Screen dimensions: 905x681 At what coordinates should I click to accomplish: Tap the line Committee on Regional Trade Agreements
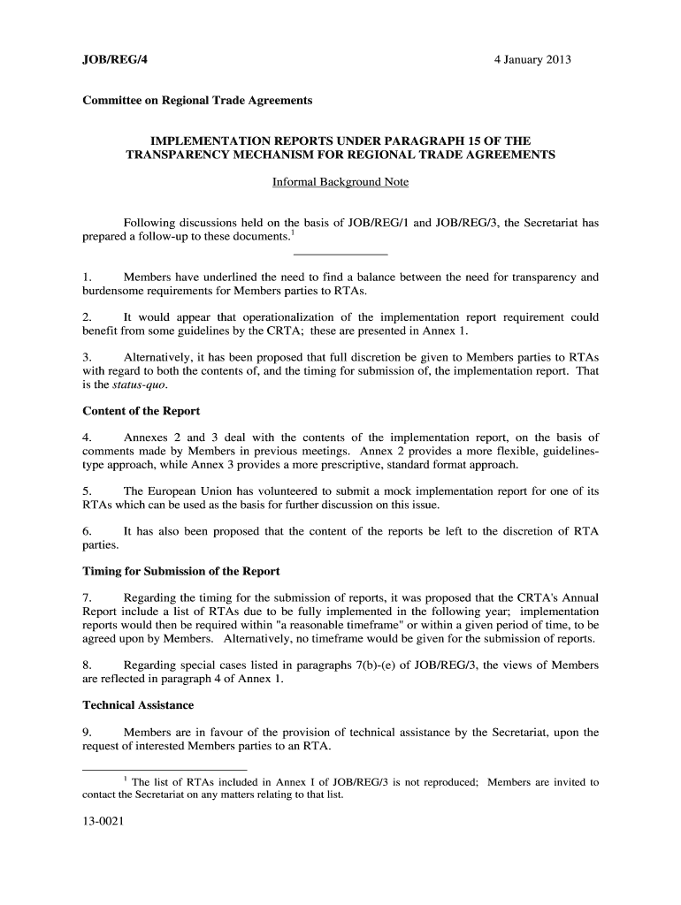tap(197, 101)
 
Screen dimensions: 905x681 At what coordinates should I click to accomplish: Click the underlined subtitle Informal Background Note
tap(340, 183)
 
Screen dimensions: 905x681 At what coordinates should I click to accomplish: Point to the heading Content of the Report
tap(141, 411)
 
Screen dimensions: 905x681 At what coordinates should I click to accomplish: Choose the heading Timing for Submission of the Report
tap(180, 571)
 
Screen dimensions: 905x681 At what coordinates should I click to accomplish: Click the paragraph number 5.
tap(86, 491)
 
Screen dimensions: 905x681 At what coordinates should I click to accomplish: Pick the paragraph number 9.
tap(86, 732)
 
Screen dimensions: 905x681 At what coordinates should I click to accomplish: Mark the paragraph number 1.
tap(86, 278)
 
